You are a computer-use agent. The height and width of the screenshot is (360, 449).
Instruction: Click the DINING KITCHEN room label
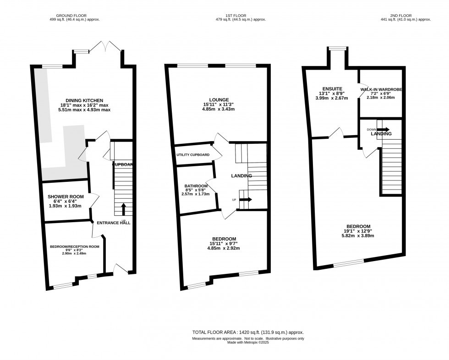point(84,100)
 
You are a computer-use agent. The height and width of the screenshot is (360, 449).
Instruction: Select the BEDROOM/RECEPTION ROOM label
point(75,246)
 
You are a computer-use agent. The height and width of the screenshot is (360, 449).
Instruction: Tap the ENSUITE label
point(329,88)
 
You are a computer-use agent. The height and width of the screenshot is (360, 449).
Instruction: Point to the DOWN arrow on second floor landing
point(383,130)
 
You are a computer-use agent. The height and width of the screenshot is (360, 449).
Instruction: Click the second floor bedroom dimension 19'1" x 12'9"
point(358,231)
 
